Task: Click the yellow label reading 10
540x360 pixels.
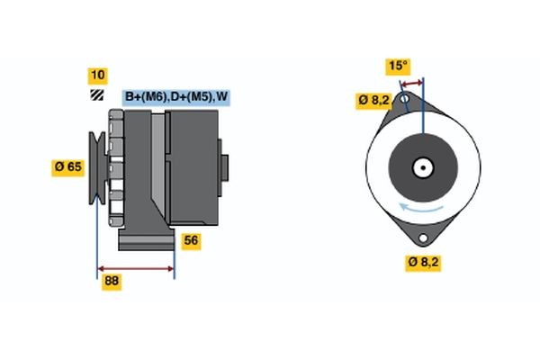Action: tap(96, 75)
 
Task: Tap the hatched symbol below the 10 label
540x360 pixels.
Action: tap(96, 94)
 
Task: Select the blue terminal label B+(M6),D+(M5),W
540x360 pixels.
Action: tap(175, 97)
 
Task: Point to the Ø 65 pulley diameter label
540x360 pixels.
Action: tap(70, 166)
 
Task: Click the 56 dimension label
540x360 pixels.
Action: tap(191, 240)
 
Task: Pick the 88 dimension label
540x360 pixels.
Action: tap(112, 282)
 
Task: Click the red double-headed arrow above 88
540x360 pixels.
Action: tap(135, 268)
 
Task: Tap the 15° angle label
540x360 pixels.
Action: tap(397, 66)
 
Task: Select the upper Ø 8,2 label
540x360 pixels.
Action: tap(373, 100)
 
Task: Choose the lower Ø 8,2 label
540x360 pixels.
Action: tap(423, 262)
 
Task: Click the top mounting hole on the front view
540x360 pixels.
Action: tap(406, 98)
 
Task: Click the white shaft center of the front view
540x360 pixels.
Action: tap(420, 167)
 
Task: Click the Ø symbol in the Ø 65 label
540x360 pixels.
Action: tap(60, 166)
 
